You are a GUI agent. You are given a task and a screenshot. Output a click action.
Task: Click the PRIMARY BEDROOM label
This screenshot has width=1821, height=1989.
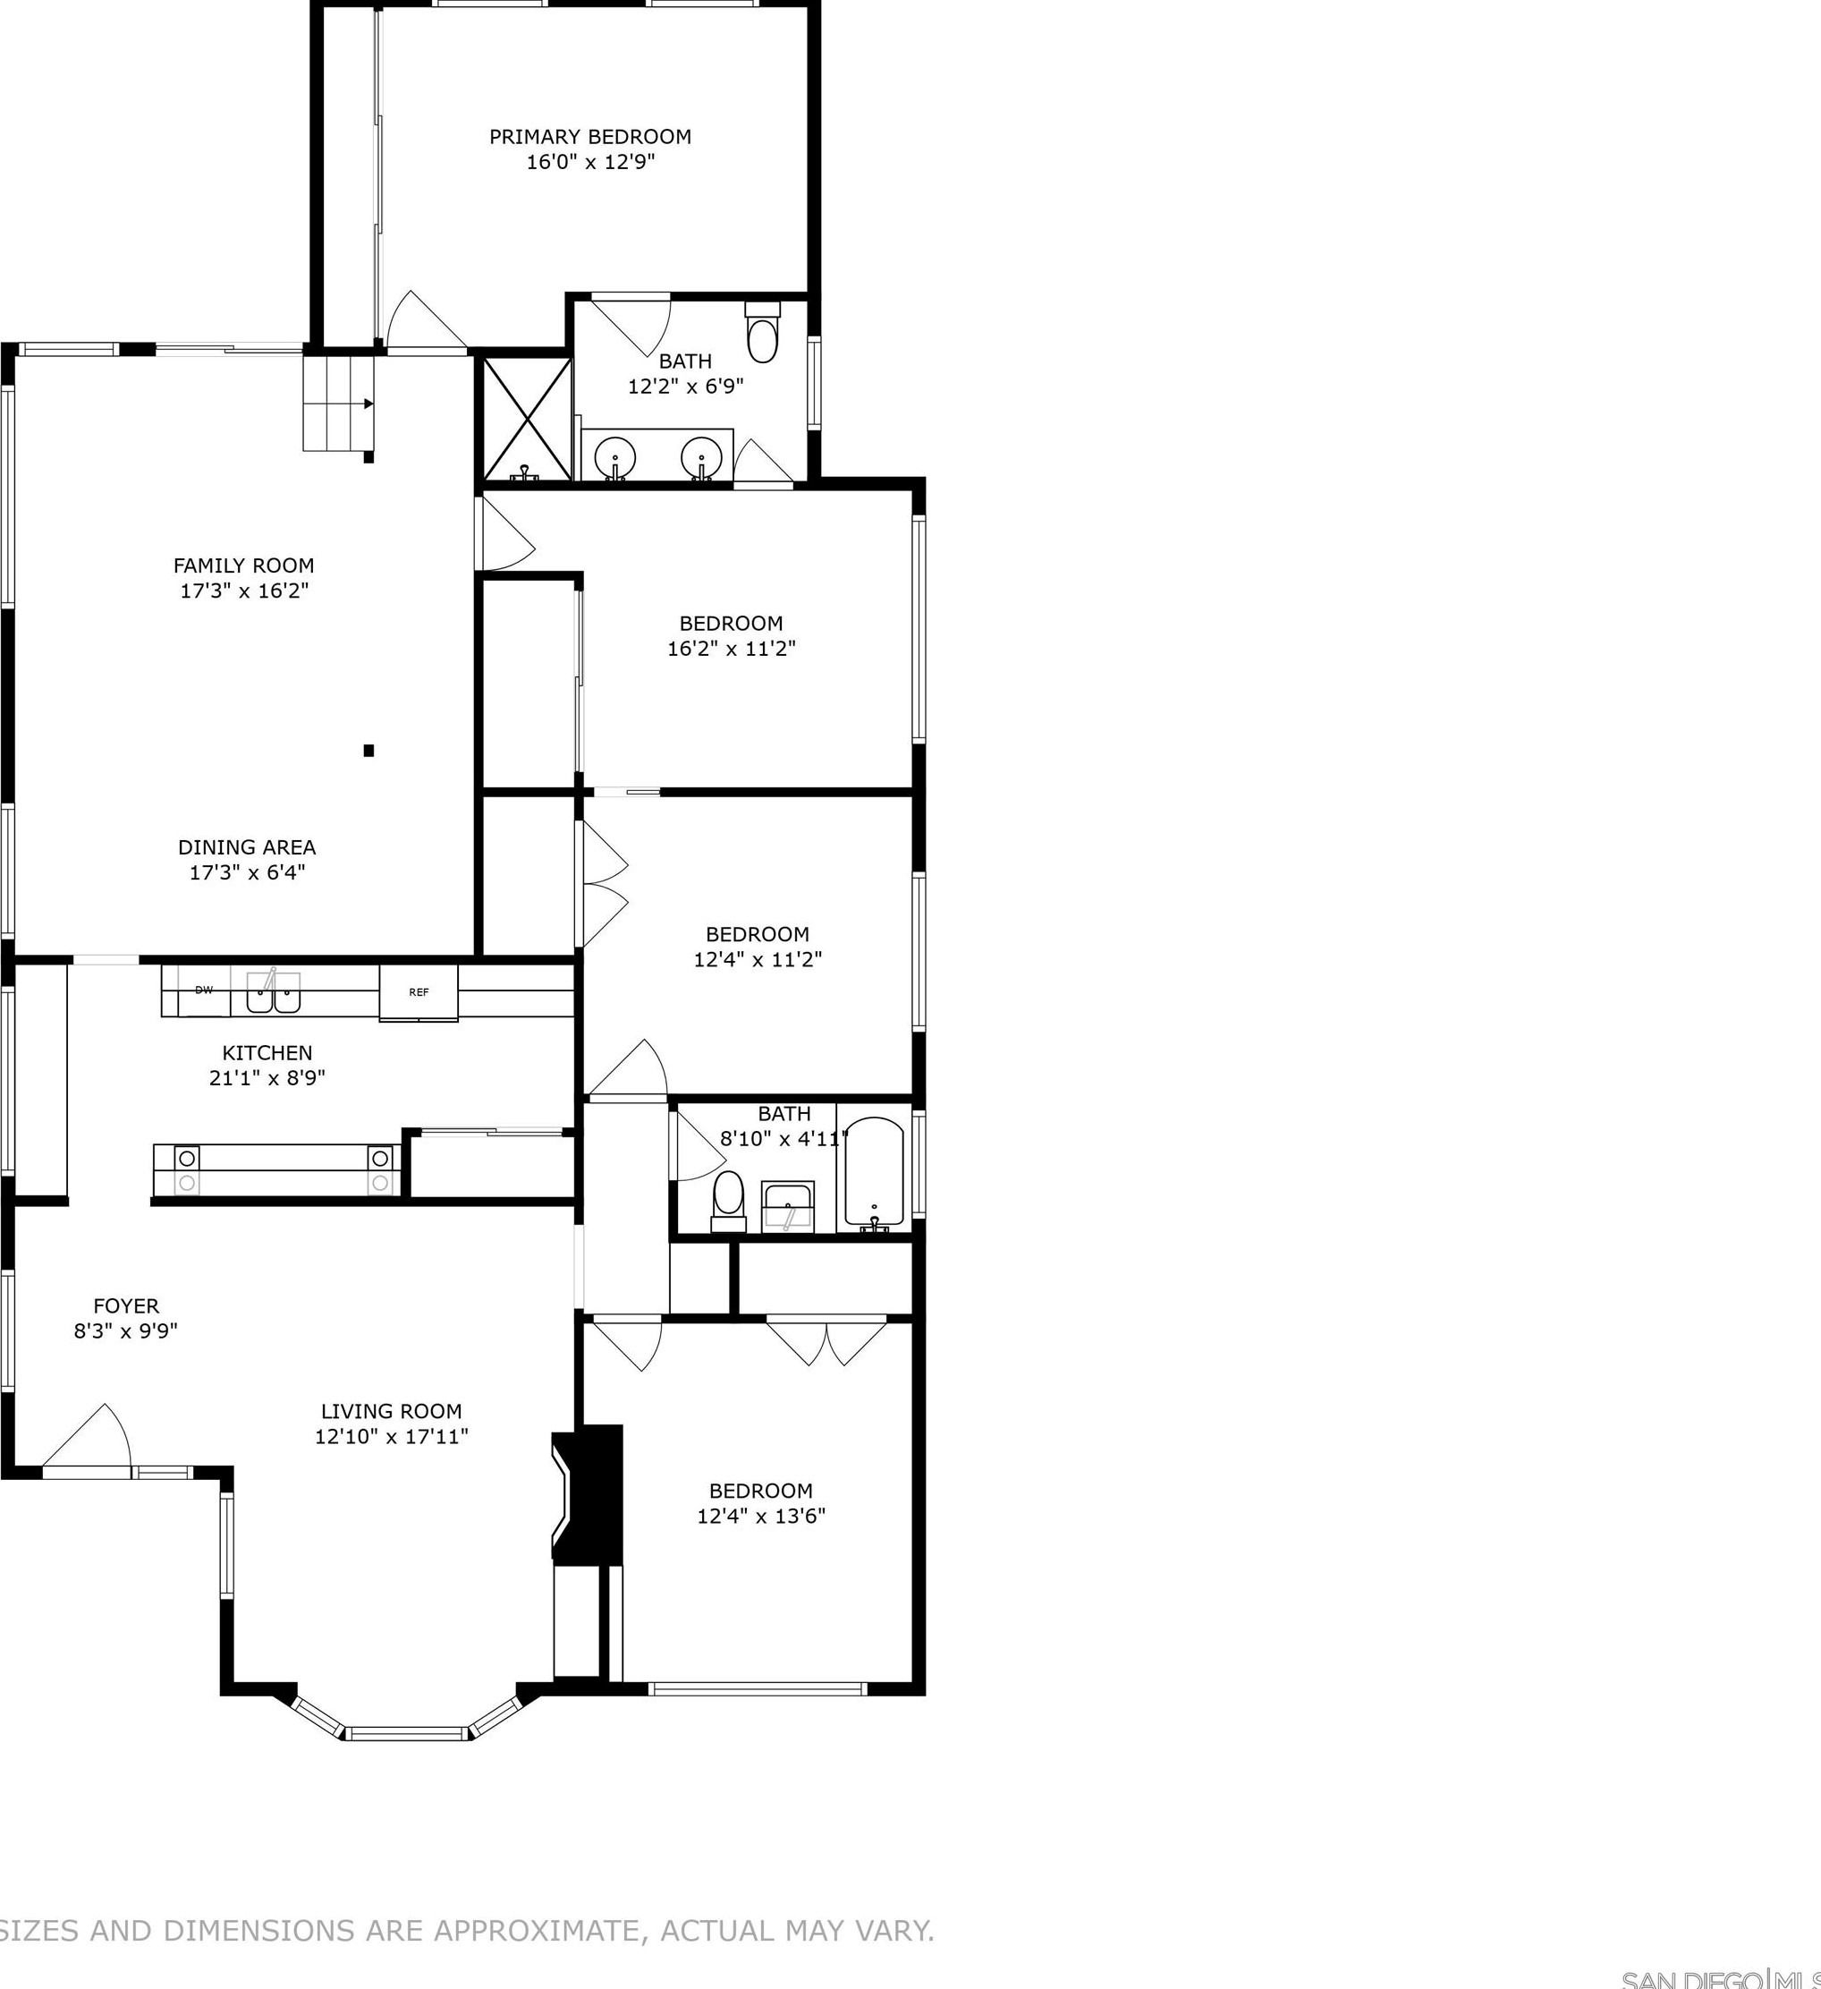pos(590,137)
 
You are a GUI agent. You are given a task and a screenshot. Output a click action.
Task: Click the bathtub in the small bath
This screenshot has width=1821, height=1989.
pos(874,1173)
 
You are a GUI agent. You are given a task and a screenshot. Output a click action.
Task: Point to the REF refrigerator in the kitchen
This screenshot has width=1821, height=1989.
pos(419,992)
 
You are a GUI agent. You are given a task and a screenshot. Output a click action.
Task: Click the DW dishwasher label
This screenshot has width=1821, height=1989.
pos(204,990)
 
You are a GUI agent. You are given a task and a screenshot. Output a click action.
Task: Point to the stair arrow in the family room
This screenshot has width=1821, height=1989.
pos(367,404)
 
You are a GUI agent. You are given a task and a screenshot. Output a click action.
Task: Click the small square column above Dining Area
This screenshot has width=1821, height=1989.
pos(368,751)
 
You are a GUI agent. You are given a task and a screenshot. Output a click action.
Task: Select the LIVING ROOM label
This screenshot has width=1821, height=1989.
pos(392,1412)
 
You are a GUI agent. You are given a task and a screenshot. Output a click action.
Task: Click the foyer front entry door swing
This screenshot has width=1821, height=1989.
pos(89,1441)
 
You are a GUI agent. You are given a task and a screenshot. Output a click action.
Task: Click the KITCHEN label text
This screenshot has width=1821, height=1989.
pos(267,1053)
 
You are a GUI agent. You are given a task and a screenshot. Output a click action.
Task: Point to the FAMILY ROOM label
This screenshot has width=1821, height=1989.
pos(243,565)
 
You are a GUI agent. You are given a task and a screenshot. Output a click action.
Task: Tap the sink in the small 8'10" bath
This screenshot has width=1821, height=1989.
pos(787,1207)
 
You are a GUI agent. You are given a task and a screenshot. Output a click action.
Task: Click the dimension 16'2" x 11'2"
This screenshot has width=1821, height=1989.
pos(731,650)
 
